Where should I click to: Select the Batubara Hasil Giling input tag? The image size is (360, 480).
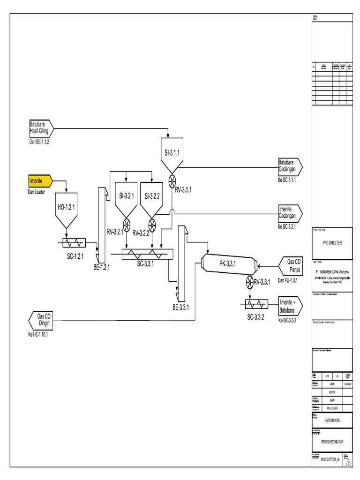tap(40, 127)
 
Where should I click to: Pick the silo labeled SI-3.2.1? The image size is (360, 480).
tap(125, 197)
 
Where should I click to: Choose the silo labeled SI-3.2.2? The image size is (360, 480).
tap(152, 197)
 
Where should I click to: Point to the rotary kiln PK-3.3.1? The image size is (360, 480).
tap(228, 265)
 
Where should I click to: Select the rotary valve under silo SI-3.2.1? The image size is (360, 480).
tap(126, 223)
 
